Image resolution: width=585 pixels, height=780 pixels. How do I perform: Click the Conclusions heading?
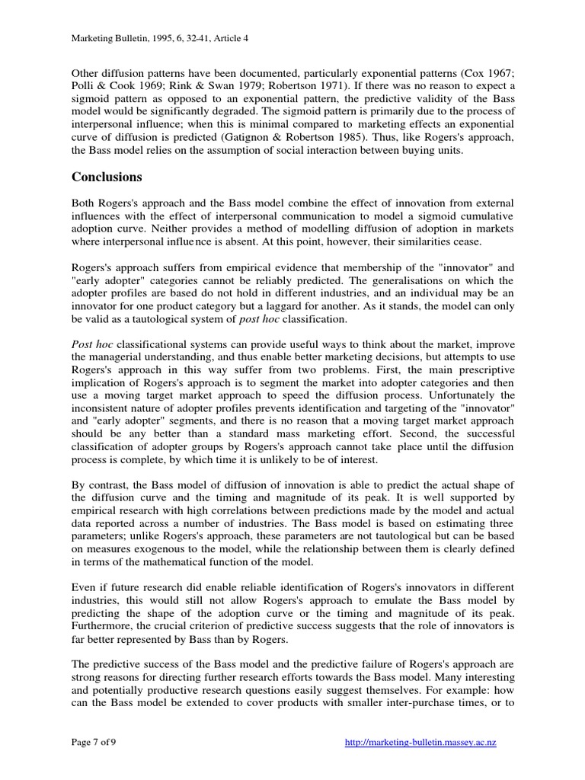point(107,177)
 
